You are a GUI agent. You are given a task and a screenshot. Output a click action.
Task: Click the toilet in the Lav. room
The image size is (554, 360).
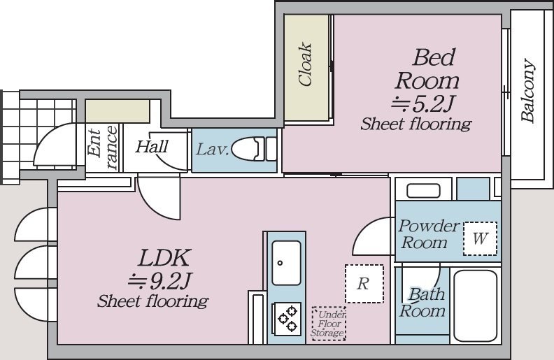coord(254,150)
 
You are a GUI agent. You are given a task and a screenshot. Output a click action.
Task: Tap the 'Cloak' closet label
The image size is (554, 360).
coord(305,65)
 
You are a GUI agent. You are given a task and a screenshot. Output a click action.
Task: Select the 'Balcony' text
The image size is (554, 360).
coord(528,91)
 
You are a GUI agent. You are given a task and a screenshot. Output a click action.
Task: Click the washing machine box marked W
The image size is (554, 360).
coord(480,238)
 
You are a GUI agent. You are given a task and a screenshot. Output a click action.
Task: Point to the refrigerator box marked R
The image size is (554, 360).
coord(364,284)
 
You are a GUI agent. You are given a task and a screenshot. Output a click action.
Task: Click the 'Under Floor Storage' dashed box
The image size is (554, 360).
coord(328,324)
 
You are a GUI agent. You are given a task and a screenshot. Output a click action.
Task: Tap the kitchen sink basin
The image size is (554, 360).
coord(286,263)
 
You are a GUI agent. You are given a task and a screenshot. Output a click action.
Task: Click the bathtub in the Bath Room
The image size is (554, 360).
coord(476,305)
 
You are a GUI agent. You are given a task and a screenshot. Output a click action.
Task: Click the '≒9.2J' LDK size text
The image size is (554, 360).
coord(159,281)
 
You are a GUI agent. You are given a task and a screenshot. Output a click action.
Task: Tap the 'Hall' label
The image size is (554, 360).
coord(152,146)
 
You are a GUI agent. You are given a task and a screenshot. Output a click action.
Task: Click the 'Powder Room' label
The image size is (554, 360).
coord(428,234)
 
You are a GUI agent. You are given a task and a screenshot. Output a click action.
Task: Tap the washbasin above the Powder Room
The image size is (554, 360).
coord(423,191)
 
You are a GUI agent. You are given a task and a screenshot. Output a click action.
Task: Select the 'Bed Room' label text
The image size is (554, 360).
coord(427,69)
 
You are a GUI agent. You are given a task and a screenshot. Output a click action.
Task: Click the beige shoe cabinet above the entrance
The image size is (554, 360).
coord(118,111)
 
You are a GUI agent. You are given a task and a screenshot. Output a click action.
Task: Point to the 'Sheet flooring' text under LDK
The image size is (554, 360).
coord(152,301)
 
